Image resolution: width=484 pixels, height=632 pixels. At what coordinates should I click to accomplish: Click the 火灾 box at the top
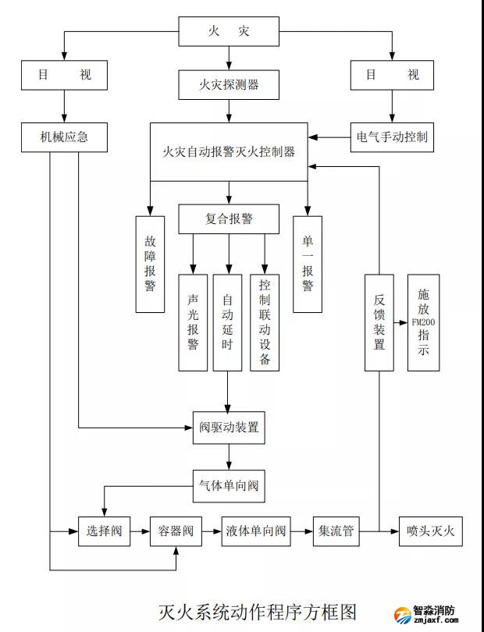pos(229,32)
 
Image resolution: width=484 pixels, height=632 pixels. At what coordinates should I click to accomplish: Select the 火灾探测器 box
pos(229,84)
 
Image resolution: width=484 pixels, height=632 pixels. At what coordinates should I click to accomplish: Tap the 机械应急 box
pos(65,137)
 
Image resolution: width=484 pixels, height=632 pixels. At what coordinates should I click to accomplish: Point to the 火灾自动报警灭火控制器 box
pos(229,152)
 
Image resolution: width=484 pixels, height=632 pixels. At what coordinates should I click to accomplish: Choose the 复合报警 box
pos(229,219)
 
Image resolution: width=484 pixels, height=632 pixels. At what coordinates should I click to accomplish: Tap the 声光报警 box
pos(193,321)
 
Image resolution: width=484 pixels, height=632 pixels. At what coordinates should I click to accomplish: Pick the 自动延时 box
pos(227,321)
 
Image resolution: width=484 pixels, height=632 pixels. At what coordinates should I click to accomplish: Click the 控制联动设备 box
pos(265,321)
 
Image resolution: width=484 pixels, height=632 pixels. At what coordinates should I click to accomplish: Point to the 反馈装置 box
pos(379,321)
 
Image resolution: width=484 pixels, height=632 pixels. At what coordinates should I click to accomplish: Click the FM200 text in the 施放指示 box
pos(422,321)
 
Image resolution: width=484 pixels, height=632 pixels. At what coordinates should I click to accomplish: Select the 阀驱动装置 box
pos(229,428)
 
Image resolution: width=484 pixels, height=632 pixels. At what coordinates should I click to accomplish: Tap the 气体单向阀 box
pos(229,486)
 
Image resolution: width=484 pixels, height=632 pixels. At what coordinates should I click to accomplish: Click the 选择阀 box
pos(104,531)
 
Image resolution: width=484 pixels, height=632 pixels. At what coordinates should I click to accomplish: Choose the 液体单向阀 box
pos(254,531)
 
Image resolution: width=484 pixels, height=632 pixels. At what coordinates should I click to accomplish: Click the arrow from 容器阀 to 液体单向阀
pos(211,531)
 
